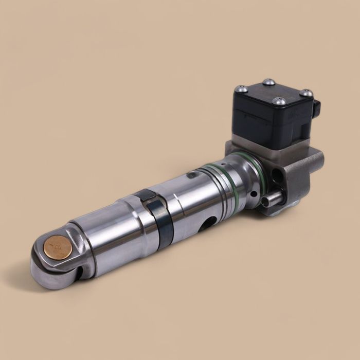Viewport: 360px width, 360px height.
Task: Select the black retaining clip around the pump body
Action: (x=154, y=216)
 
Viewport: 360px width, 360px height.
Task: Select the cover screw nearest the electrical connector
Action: (x=306, y=93)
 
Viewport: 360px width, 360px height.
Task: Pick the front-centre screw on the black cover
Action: (x=279, y=101)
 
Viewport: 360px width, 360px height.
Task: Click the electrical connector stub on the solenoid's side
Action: (x=317, y=107)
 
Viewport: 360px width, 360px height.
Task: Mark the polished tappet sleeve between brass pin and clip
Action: (x=108, y=237)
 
